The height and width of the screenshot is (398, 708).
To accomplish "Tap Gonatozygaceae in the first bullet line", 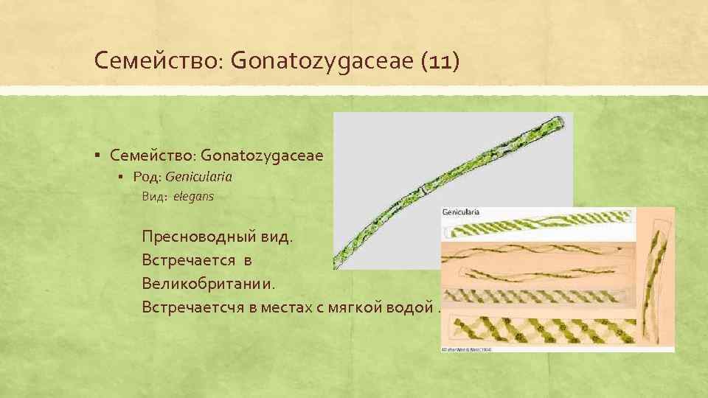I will (x=262, y=155).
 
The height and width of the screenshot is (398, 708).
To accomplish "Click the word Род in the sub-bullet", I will (x=147, y=177).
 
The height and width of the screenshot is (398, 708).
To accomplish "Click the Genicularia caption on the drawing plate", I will (x=461, y=212).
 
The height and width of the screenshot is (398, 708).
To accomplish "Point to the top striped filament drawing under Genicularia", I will (x=542, y=228).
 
